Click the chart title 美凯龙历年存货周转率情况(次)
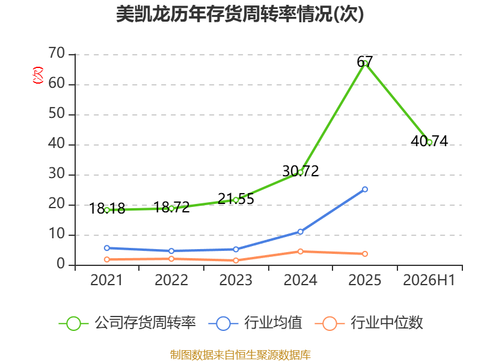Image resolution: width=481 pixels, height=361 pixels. point(240,14)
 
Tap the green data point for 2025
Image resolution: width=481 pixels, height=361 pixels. point(365,64)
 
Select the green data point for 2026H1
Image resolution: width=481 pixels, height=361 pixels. point(429,142)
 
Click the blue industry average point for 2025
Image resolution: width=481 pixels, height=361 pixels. point(365,190)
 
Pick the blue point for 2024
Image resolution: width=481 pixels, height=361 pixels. point(300,232)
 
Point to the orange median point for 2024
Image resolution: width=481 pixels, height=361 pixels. point(300,251)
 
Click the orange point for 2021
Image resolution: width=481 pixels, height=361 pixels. point(107,259)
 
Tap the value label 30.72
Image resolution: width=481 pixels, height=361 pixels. point(300,171)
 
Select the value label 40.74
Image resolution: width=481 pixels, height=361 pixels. point(429,141)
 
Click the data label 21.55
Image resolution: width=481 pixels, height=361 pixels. point(236,199)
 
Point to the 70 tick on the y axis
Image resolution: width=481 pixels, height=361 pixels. point(57,54)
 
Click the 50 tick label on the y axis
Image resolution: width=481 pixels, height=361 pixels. point(57,114)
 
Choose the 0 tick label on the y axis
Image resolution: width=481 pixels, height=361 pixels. point(61,264)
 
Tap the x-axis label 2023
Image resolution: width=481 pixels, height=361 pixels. point(236,280)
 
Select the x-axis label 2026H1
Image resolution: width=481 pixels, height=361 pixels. point(429,280)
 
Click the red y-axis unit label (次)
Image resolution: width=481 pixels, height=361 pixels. point(38,75)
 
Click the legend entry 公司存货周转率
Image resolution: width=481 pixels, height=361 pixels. point(127,323)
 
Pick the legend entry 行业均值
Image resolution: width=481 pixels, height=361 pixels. point(255,323)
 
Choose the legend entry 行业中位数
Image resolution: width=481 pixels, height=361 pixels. point(369,323)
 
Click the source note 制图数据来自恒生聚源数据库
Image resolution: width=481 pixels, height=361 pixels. point(240,355)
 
